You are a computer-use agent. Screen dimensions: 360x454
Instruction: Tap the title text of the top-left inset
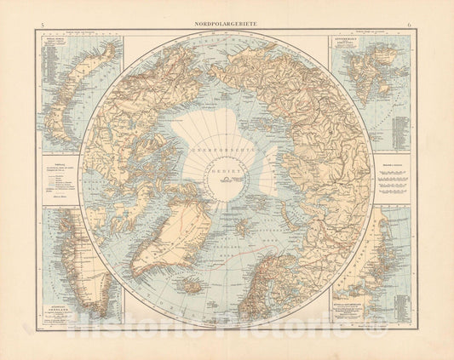point(55,43)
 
